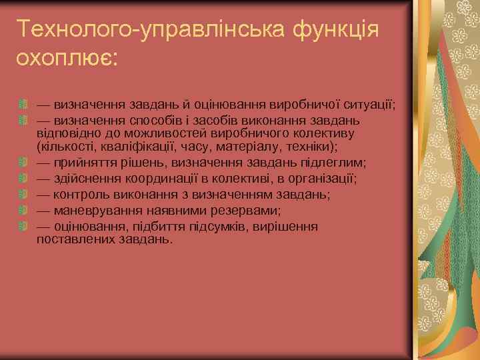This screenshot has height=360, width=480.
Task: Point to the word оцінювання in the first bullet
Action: point(233,105)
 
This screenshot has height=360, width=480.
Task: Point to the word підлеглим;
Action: point(327,161)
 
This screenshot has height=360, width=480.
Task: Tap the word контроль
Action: point(83,194)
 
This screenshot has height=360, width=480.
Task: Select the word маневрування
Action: point(94,211)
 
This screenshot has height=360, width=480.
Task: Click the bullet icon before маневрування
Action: point(23,211)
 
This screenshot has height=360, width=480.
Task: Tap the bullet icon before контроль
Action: point(23,194)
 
